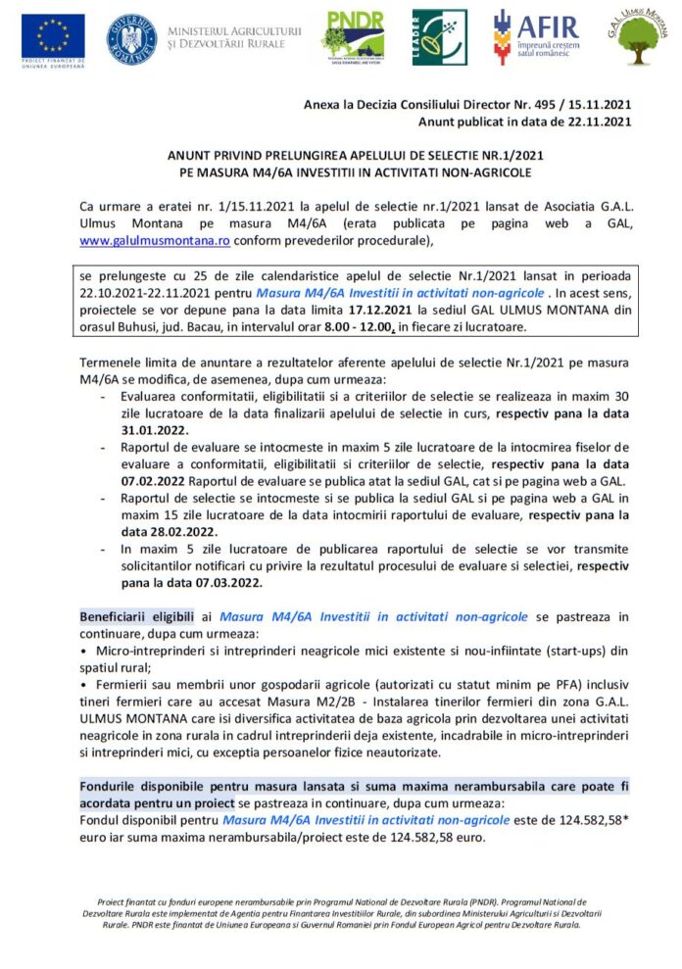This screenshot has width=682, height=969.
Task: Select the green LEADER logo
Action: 432,37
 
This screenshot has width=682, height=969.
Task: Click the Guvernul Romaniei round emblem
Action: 131,37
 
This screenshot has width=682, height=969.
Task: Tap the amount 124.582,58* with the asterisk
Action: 584,819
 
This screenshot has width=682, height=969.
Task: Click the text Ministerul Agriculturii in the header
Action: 234,30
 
